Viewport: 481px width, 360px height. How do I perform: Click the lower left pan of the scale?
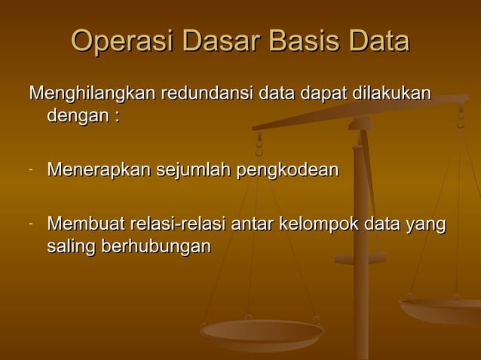pos(262,331)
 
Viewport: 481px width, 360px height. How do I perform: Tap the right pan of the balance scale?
pos(441,309)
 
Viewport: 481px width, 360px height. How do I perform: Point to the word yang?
pos(427,224)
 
